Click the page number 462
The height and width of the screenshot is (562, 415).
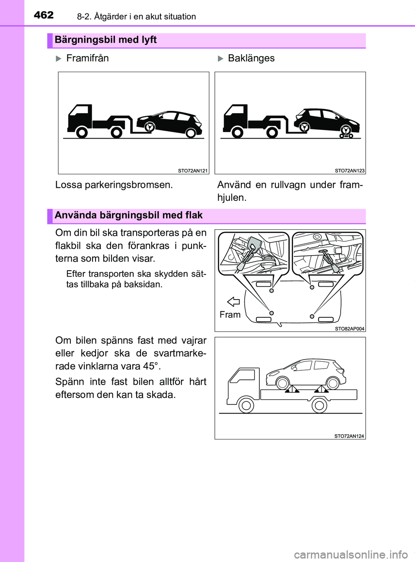(x=44, y=15)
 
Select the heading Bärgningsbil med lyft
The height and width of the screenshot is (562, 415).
(x=105, y=40)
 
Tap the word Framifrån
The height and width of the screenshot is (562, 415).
(x=87, y=58)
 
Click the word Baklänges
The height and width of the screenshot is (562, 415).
(x=251, y=58)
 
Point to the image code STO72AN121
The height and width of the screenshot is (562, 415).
(x=193, y=170)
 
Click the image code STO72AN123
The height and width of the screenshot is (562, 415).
(x=349, y=170)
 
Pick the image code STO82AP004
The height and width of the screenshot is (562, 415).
(x=349, y=328)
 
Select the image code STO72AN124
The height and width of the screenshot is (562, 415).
(x=349, y=436)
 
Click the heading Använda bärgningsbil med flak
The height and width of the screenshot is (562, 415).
(x=128, y=215)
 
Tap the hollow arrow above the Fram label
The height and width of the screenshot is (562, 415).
(x=233, y=301)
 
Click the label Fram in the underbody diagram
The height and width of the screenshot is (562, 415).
(x=230, y=315)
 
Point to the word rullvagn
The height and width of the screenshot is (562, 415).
(x=288, y=185)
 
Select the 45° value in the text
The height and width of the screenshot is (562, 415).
(x=151, y=366)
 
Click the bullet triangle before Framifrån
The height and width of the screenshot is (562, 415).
(x=59, y=59)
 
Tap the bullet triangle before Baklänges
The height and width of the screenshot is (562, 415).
(x=220, y=59)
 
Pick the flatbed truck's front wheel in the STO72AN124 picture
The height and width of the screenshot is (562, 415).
(x=246, y=405)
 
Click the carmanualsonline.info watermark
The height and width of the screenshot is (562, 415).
(x=351, y=554)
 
